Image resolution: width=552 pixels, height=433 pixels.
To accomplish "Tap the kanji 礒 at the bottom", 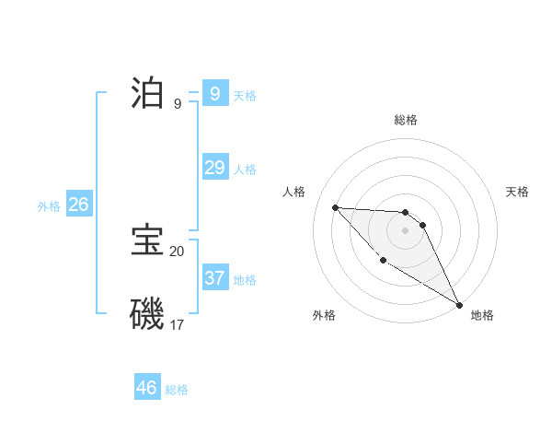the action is [148, 313].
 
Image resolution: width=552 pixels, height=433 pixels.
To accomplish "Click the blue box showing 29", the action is [214, 167].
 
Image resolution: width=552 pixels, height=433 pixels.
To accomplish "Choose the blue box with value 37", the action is [214, 277].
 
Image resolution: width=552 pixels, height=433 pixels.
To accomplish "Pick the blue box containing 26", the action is [78, 205].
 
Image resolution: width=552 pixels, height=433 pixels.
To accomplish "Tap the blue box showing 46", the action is [147, 387].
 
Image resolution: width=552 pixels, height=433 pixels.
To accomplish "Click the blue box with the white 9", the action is [214, 93].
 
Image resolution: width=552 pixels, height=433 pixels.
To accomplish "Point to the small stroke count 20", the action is [177, 251].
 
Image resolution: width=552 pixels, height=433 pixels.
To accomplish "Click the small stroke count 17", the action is [177, 324].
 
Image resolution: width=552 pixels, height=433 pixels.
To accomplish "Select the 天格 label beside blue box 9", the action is [245, 96].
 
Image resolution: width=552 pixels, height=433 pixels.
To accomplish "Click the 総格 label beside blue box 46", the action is [177, 390].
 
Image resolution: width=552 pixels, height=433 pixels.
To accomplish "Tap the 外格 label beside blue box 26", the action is [49, 207].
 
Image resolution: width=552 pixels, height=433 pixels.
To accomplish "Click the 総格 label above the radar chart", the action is [406, 120].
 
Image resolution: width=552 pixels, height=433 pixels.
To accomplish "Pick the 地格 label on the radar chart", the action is [482, 315].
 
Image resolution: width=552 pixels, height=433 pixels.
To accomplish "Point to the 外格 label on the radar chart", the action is [324, 315].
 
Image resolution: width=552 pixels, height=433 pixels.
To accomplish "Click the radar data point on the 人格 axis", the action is [335, 207].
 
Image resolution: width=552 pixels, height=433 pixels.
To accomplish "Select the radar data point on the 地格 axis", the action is [459, 305].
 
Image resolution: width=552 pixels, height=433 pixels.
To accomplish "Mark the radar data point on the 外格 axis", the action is [383, 261].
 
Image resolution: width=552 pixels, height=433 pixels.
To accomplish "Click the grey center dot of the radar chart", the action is [405, 230].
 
